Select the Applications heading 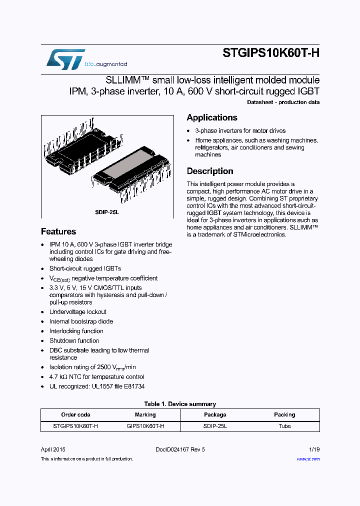[212, 117]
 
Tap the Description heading [210, 171]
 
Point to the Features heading [58, 231]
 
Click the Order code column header [75, 414]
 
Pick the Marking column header [145, 414]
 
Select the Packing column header [284, 414]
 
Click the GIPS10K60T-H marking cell [145, 426]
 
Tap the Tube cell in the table [284, 426]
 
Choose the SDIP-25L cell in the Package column [215, 426]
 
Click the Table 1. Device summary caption [180, 404]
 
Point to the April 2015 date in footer [53, 449]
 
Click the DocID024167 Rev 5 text [180, 449]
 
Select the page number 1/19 [313, 449]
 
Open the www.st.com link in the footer [308, 459]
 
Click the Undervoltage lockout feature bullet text [77, 312]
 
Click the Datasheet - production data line [283, 102]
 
